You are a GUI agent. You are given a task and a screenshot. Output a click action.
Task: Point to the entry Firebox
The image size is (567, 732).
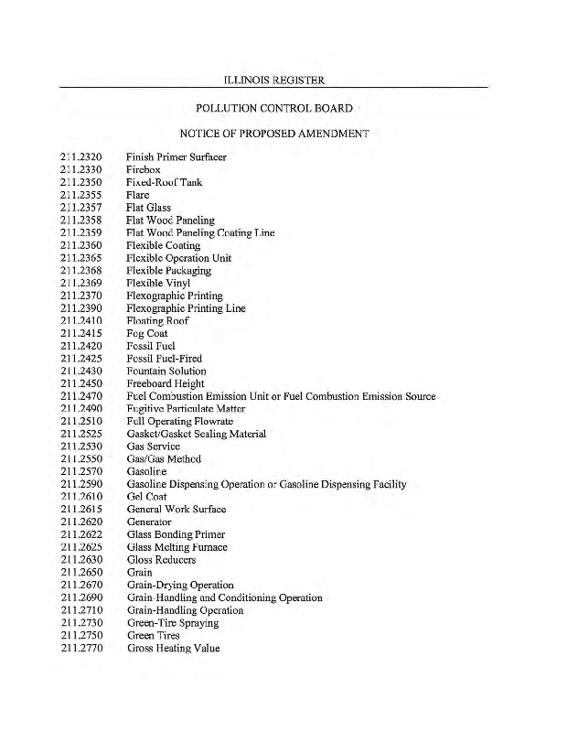(144, 170)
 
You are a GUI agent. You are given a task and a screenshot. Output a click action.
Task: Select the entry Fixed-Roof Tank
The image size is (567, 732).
(164, 182)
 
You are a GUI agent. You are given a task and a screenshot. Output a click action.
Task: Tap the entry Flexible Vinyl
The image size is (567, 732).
(158, 283)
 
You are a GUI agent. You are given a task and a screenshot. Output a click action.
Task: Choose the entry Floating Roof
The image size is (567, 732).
(156, 321)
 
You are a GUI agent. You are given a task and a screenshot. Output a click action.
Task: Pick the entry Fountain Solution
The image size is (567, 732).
(166, 371)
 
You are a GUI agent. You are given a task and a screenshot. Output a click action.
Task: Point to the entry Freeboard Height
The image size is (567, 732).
(166, 384)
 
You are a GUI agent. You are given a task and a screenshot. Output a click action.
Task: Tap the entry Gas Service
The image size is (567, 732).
(153, 447)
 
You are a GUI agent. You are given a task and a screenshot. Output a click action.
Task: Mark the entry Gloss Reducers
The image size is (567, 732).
(161, 560)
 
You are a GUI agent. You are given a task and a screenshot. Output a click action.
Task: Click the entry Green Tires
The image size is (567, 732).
(154, 635)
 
